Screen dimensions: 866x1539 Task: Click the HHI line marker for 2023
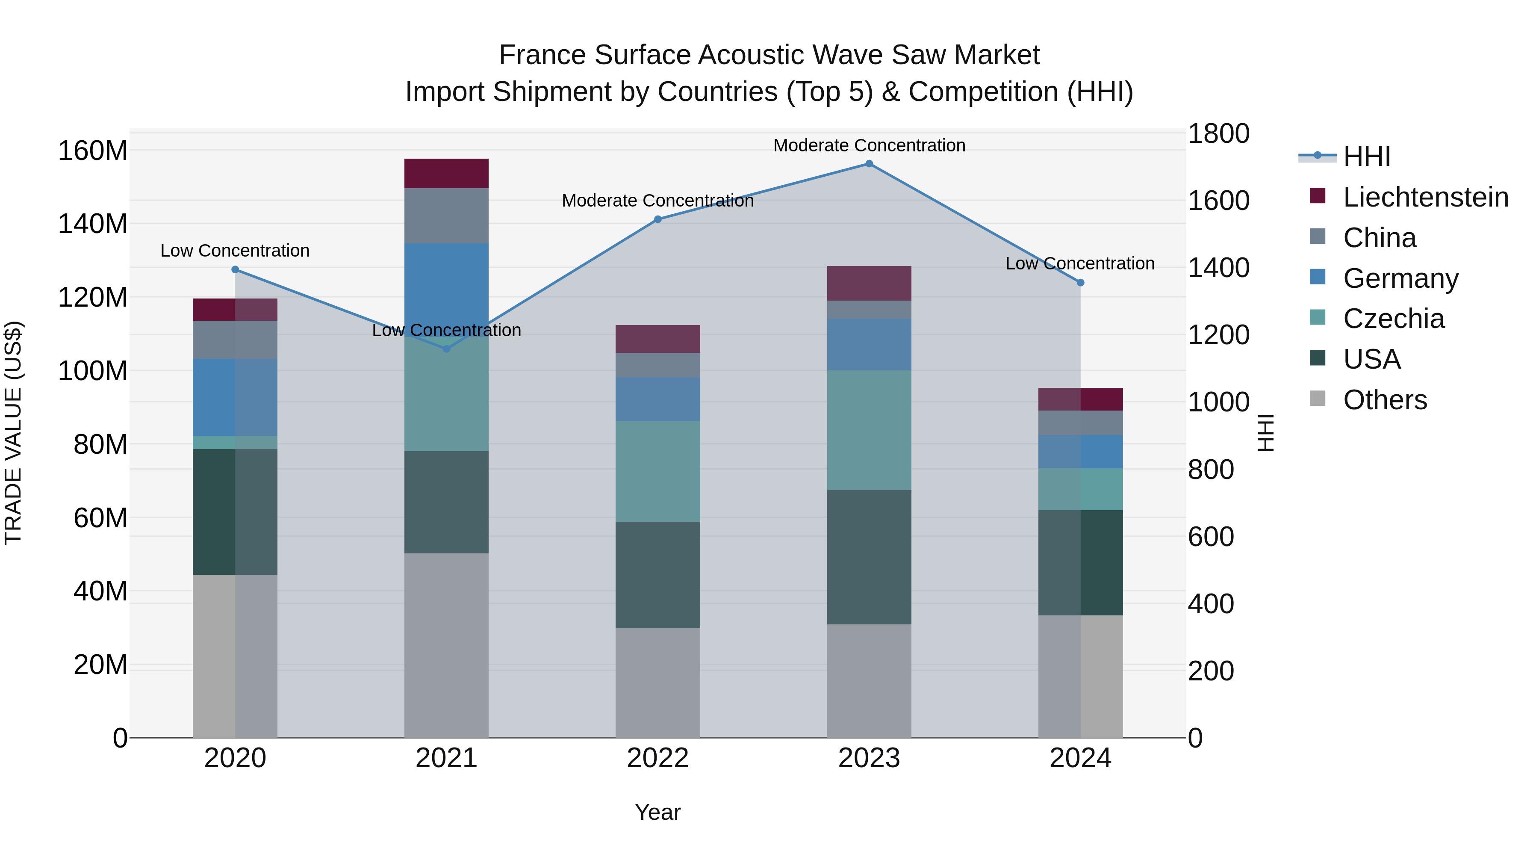869,164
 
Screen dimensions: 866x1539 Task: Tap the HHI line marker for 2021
446,349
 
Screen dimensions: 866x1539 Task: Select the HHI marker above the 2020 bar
235,269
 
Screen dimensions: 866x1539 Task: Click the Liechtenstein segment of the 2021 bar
446,173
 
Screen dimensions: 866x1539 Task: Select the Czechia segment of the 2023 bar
869,430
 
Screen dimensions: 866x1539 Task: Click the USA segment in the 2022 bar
658,575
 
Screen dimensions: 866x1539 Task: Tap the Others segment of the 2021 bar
446,645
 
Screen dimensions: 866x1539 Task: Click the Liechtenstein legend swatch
1318,196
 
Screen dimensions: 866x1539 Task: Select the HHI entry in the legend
1367,157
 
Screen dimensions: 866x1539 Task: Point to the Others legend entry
1385,400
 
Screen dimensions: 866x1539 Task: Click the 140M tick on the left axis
93,224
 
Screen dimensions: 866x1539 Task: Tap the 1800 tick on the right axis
1218,133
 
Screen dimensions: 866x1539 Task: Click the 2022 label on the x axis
658,758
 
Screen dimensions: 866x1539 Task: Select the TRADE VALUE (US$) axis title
13,433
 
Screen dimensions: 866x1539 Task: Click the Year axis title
658,812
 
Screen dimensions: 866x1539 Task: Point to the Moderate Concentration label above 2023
869,145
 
